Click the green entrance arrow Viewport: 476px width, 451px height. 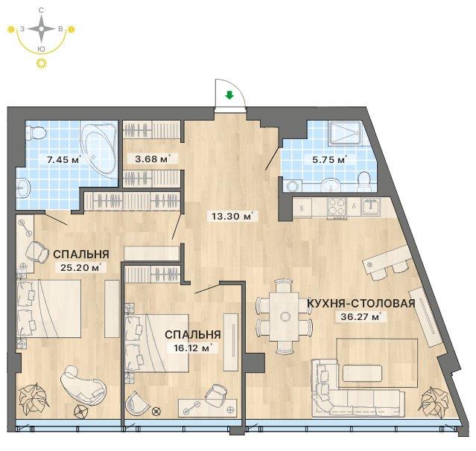tap(229, 96)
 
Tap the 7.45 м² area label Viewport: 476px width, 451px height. tap(64, 159)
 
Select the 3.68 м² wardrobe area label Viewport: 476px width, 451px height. tap(152, 159)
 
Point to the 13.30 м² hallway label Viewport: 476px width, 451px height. tap(232, 217)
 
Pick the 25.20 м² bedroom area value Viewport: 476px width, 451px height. tap(80, 267)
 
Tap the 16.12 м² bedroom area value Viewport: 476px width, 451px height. tap(193, 348)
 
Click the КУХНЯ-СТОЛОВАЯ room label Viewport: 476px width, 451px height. tap(361, 304)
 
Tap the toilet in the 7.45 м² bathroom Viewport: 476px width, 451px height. tap(36, 132)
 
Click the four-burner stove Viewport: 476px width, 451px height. tap(337, 207)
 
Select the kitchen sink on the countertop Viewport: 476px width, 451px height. tap(370, 206)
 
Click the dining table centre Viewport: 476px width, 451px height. tap(285, 316)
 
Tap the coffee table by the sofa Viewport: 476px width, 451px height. tap(362, 373)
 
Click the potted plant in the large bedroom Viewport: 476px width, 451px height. tap(33, 398)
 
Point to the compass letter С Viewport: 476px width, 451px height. tap(41, 10)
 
